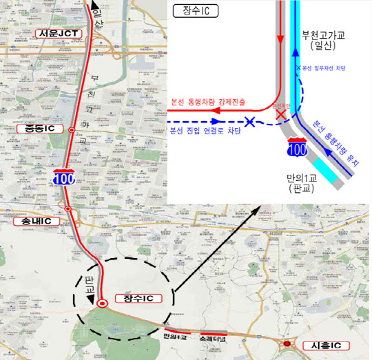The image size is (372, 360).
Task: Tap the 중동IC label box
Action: coord(41,128)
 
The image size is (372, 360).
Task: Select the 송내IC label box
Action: coord(35,221)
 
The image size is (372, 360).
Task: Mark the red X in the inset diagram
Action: coord(281,114)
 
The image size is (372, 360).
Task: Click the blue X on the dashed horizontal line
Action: coord(251,122)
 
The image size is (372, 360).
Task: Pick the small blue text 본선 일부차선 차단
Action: coord(324,67)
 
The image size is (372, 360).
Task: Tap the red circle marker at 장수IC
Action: coord(102,303)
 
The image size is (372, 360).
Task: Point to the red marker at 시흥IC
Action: coord(287,343)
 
